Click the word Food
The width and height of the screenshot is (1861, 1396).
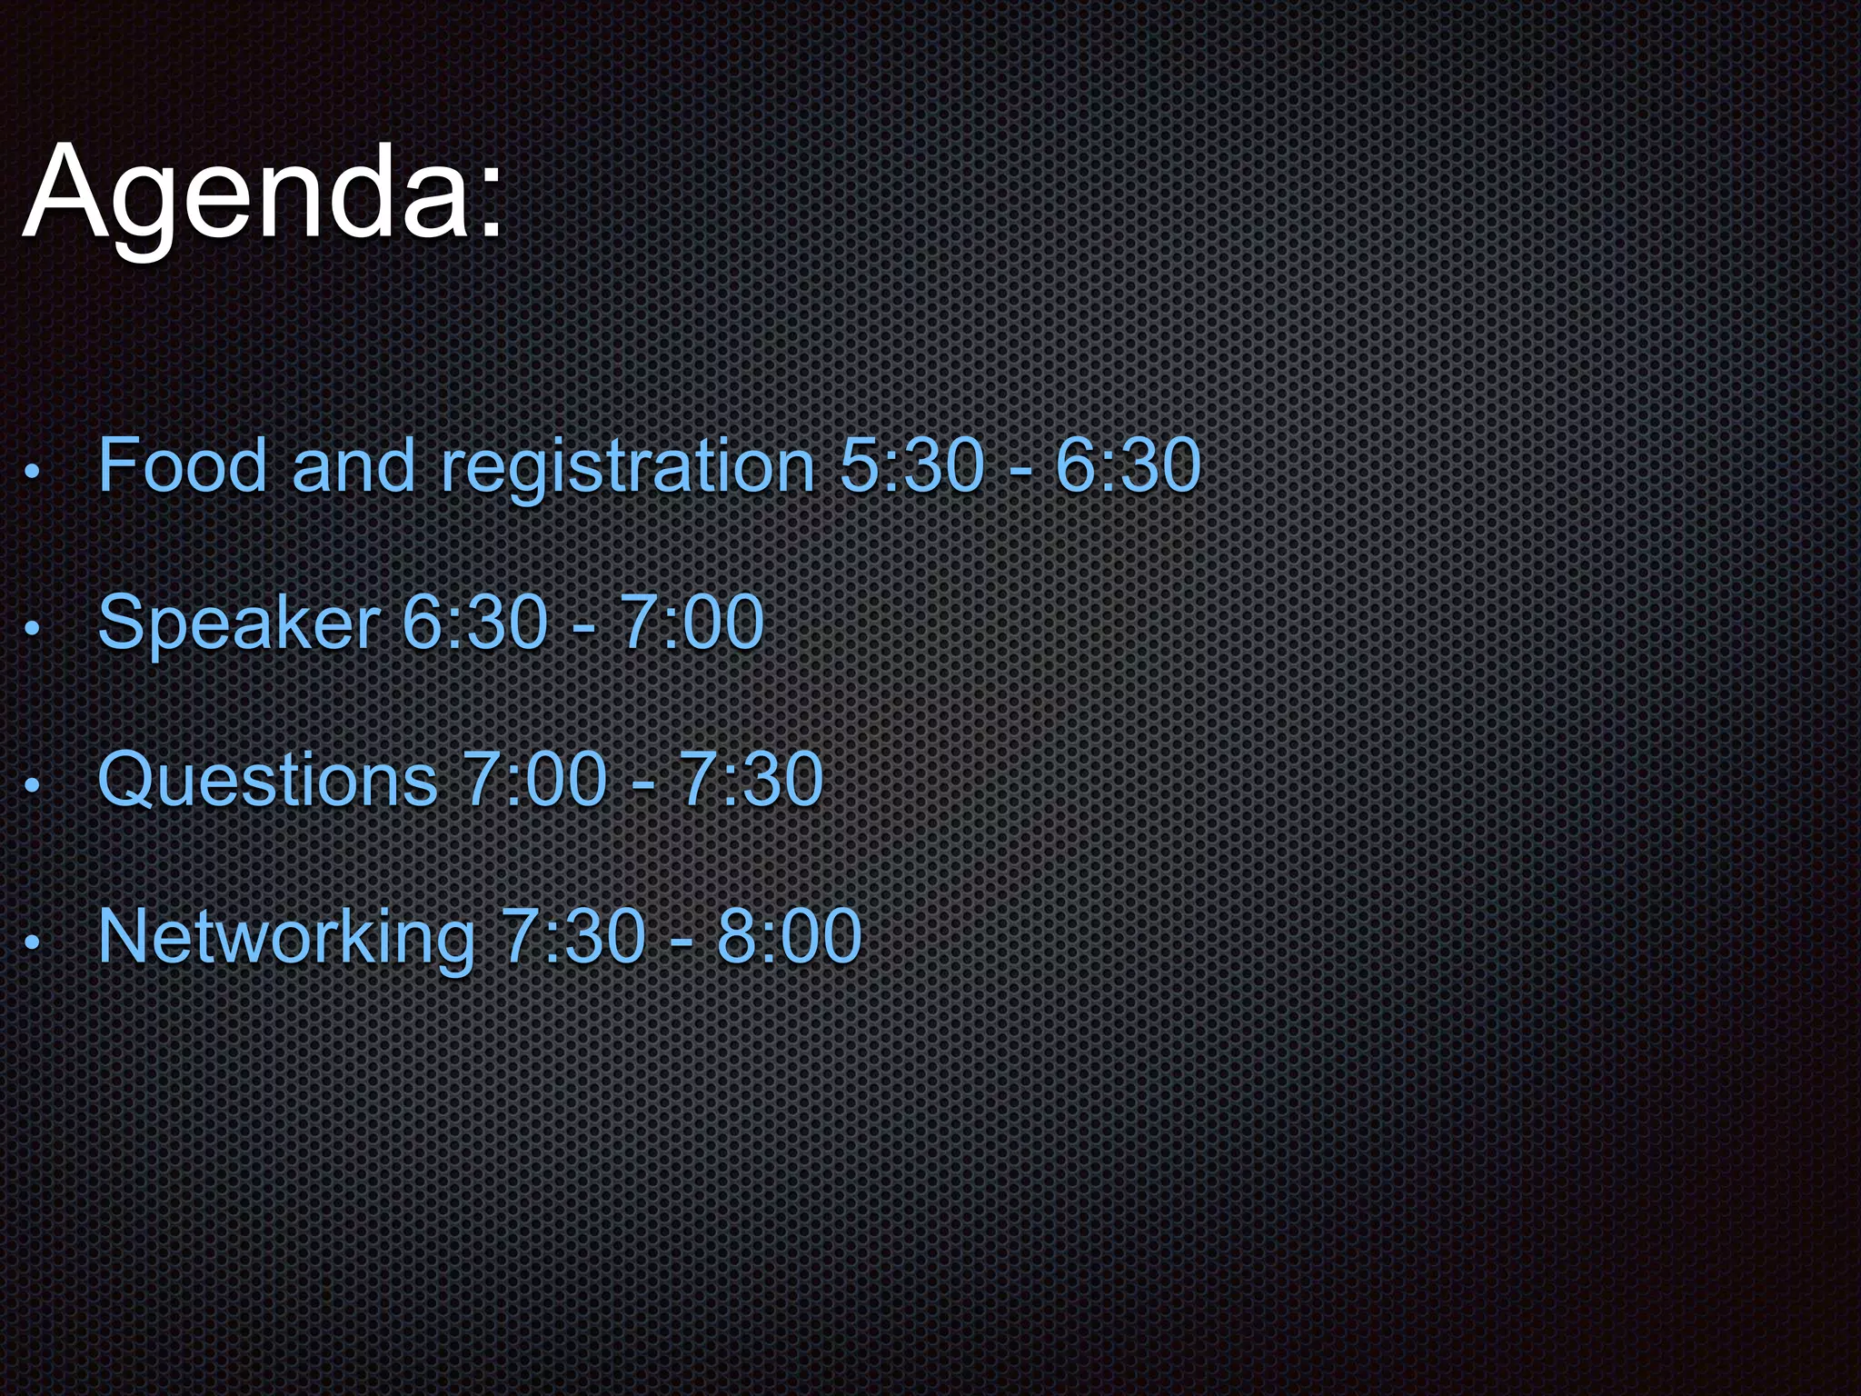click(x=183, y=465)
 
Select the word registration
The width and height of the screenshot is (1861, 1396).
click(x=627, y=467)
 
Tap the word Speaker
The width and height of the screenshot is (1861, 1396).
click(x=239, y=624)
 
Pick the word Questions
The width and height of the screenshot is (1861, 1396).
click(x=268, y=780)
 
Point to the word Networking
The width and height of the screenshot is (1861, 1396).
click(x=286, y=936)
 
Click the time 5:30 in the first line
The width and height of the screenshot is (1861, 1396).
click(x=911, y=465)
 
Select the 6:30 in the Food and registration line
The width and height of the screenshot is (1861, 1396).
click(x=1128, y=465)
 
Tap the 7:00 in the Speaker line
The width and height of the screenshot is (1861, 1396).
click(x=692, y=623)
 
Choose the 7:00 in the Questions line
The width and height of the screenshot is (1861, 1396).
click(x=534, y=779)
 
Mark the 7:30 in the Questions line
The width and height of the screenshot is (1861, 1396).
click(x=751, y=779)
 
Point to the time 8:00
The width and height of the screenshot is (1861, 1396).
click(x=789, y=935)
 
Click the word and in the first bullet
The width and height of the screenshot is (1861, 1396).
click(x=353, y=465)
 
